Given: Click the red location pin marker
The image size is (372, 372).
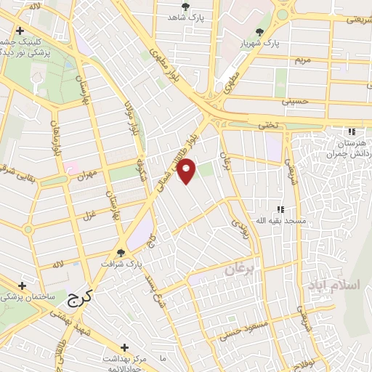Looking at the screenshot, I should point(187,170).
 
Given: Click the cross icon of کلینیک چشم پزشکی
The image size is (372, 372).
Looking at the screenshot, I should point(20,31).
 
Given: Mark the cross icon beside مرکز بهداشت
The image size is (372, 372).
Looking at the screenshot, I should point(124,347).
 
